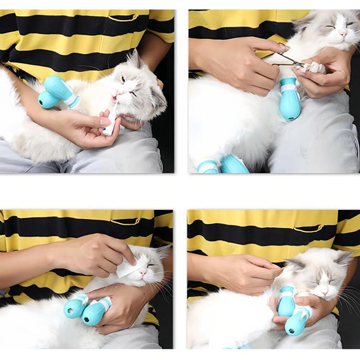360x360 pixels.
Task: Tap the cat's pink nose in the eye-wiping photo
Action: pyautogui.click(x=142, y=274)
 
